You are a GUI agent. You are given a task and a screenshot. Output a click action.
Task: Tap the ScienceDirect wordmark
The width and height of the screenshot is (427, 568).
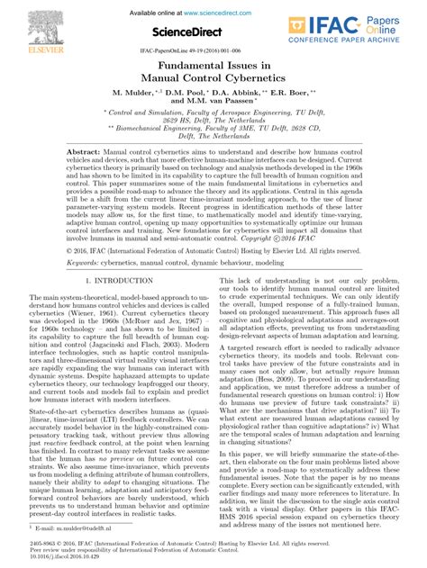[213, 32]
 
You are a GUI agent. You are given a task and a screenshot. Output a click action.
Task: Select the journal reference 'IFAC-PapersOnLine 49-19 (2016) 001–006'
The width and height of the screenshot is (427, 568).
[213, 53]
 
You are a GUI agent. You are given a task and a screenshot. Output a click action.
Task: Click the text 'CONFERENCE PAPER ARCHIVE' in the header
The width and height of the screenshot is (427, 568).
[369, 38]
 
